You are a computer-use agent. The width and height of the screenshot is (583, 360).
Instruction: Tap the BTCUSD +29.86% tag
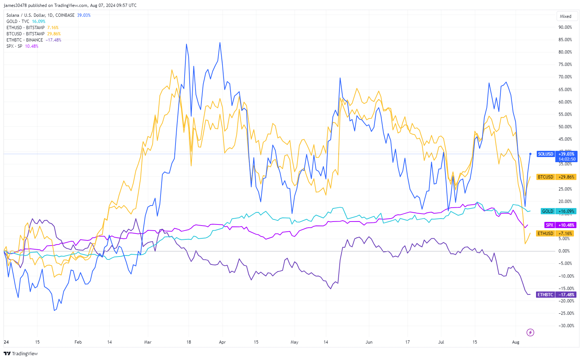click(556, 177)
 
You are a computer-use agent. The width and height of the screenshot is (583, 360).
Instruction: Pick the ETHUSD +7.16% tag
click(555, 234)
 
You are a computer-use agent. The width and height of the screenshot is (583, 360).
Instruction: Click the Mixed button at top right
click(566, 16)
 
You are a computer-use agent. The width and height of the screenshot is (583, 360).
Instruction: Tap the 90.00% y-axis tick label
click(565, 27)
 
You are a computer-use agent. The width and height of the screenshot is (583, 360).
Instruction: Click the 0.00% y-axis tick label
click(564, 251)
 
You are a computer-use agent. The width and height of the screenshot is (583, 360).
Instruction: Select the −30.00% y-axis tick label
click(566, 326)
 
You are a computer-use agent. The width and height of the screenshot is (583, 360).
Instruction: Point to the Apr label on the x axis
click(222, 342)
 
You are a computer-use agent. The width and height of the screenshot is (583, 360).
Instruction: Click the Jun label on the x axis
click(369, 342)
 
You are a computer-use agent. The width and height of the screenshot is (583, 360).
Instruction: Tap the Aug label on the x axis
click(516, 342)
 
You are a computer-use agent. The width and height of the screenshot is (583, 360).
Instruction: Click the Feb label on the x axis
click(78, 342)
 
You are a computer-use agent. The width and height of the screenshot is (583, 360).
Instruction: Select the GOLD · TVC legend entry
click(18, 21)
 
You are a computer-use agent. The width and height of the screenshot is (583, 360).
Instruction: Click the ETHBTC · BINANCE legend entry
click(24, 40)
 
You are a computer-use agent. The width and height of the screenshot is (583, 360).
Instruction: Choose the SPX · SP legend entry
click(14, 46)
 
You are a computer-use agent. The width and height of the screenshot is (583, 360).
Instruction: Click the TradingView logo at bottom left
click(21, 353)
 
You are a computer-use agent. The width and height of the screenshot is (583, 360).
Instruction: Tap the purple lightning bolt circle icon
click(531, 332)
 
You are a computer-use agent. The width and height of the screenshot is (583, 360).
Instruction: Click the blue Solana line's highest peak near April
click(220, 43)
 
